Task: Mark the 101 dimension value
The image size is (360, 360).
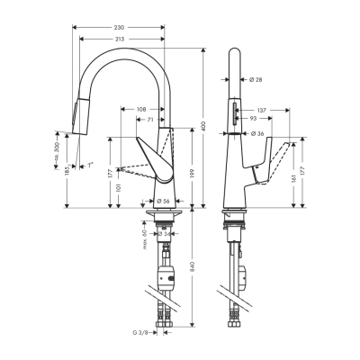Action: click(119, 187)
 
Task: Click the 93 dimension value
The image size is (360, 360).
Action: click(256, 118)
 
